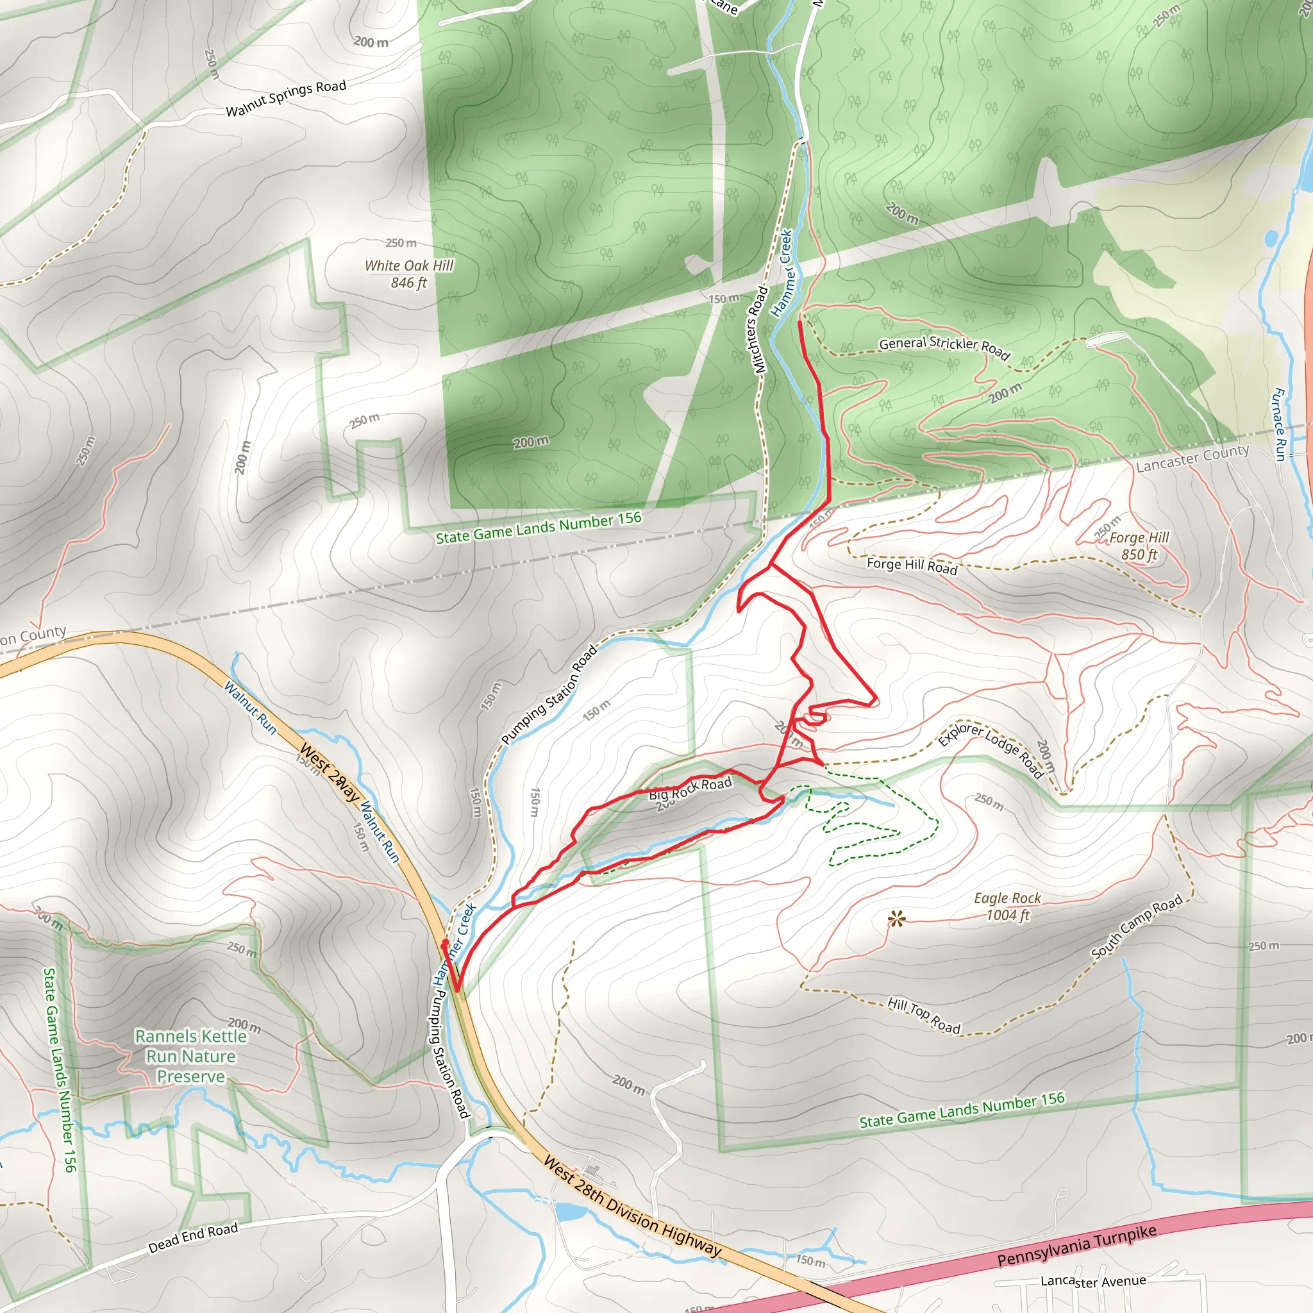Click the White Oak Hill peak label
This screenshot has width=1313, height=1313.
[x=408, y=273]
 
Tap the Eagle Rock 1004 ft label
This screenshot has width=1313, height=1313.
[x=1007, y=907]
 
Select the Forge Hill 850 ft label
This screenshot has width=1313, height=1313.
[x=1139, y=546]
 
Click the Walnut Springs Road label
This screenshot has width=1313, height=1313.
[x=286, y=99]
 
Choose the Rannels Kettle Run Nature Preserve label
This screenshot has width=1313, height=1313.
[x=190, y=1056]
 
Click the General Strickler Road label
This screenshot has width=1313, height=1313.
[x=944, y=347]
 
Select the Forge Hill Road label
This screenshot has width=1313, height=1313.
[x=912, y=565]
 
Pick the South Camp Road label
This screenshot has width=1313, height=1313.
[x=1137, y=926]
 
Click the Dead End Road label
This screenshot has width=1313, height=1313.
[x=194, y=1237]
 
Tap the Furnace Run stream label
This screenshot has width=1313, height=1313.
[x=1279, y=424]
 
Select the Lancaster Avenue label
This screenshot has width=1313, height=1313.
[x=1093, y=1282]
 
